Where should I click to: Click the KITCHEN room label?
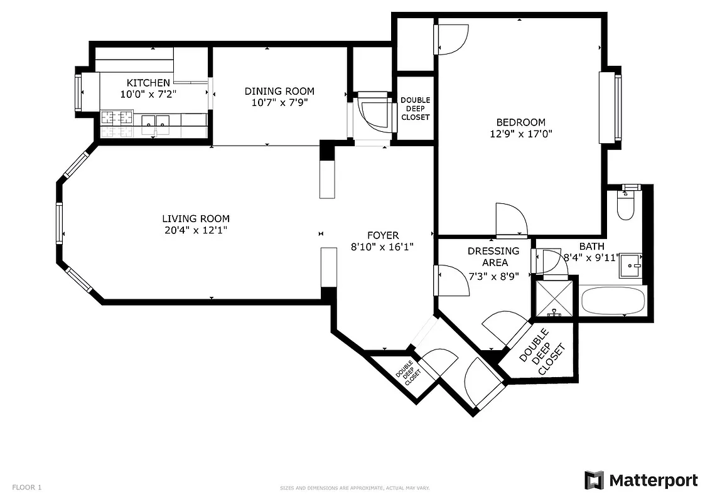(x=148, y=83)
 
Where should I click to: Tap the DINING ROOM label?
(x=279, y=91)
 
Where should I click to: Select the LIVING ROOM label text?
(x=196, y=218)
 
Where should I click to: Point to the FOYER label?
(x=382, y=235)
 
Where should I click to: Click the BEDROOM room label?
(x=520, y=122)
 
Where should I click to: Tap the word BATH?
(x=591, y=247)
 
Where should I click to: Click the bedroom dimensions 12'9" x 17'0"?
(x=520, y=134)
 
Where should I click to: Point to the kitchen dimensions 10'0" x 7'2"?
(x=148, y=94)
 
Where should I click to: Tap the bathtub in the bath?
(x=613, y=301)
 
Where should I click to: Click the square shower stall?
(x=554, y=297)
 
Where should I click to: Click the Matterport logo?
(x=641, y=481)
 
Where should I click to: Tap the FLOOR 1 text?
(x=26, y=487)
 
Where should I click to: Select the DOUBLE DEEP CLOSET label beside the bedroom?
(x=415, y=109)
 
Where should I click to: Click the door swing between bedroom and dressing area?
(x=510, y=220)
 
